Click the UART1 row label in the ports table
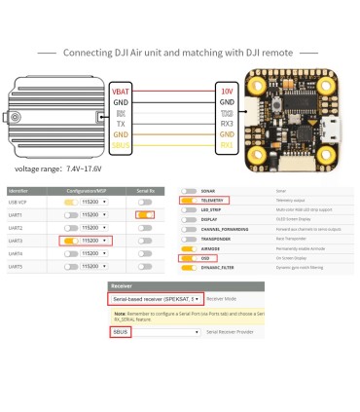pyautogui.click(x=17, y=213)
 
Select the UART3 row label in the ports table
pyautogui.click(x=17, y=239)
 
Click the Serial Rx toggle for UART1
pyautogui.click(x=145, y=213)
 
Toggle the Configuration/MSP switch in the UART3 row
pyautogui.click(x=70, y=239)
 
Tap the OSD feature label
pyautogui.click(x=211, y=259)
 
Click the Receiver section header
pyautogui.click(x=123, y=288)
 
